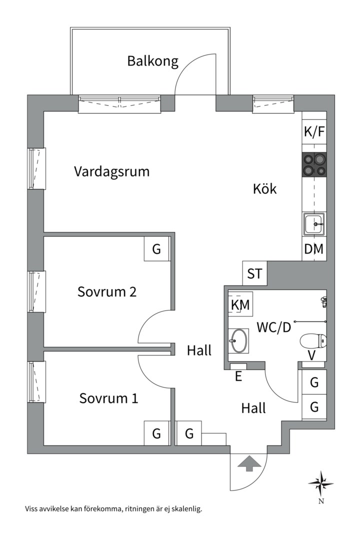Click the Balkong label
click(152, 61)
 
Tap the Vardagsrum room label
click(112, 171)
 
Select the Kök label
click(264, 189)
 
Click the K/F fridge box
click(314, 132)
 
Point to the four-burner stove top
click(314, 164)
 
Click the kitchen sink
click(314, 224)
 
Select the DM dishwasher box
click(314, 248)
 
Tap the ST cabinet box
click(254, 273)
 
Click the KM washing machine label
click(240, 304)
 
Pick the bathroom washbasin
click(237, 340)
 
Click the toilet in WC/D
click(313, 342)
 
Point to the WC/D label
click(273, 327)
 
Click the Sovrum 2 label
click(107, 291)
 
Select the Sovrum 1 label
click(108, 398)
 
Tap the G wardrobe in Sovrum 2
click(156, 249)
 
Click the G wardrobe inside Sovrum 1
click(156, 433)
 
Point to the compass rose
click(320, 483)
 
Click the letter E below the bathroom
click(238, 376)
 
